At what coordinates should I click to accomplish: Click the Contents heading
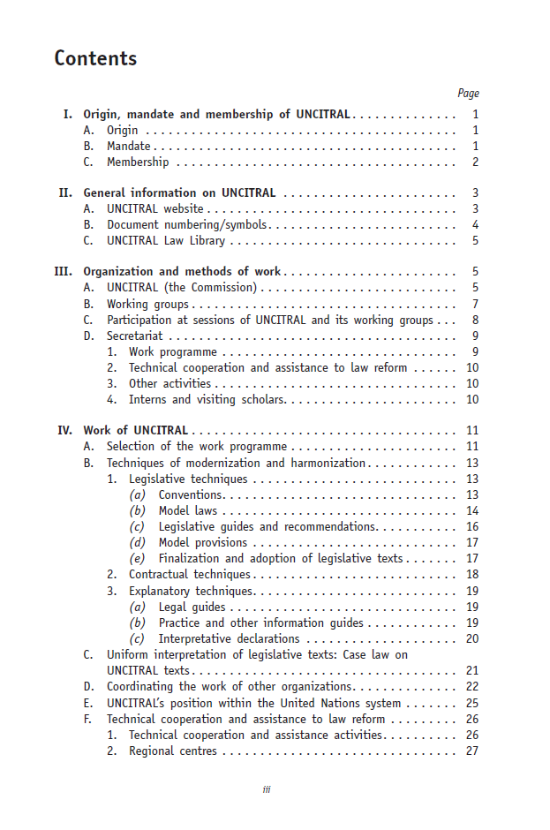(95, 59)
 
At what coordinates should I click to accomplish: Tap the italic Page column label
(468, 94)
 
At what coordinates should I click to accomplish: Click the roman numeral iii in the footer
(267, 789)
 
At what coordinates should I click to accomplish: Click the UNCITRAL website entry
(154, 209)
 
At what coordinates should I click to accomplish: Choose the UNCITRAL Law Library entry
(166, 241)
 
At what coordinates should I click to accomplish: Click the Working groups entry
(135, 305)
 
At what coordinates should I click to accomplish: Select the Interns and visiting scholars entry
(207, 400)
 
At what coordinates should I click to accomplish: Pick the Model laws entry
(187, 511)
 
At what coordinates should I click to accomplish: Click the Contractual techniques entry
(177, 575)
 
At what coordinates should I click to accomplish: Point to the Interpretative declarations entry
(229, 638)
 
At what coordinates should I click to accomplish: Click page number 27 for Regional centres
(471, 751)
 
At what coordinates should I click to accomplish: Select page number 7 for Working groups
(475, 305)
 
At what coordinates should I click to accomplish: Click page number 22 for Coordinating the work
(471, 687)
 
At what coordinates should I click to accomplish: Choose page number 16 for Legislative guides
(471, 527)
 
